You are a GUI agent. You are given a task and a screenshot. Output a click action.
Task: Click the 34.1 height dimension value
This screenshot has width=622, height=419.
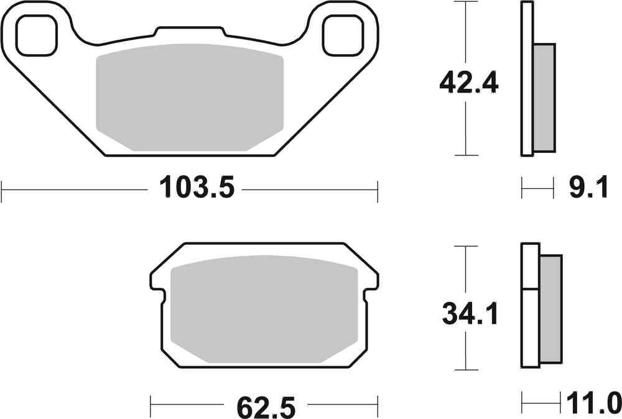[x=470, y=315]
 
